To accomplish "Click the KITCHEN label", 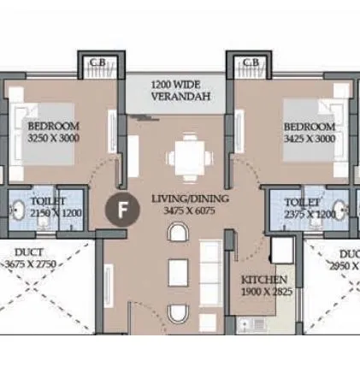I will (263, 280).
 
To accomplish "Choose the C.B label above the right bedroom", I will (251, 62).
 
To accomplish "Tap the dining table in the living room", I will (187, 155).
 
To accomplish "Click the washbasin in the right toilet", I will (340, 210).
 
